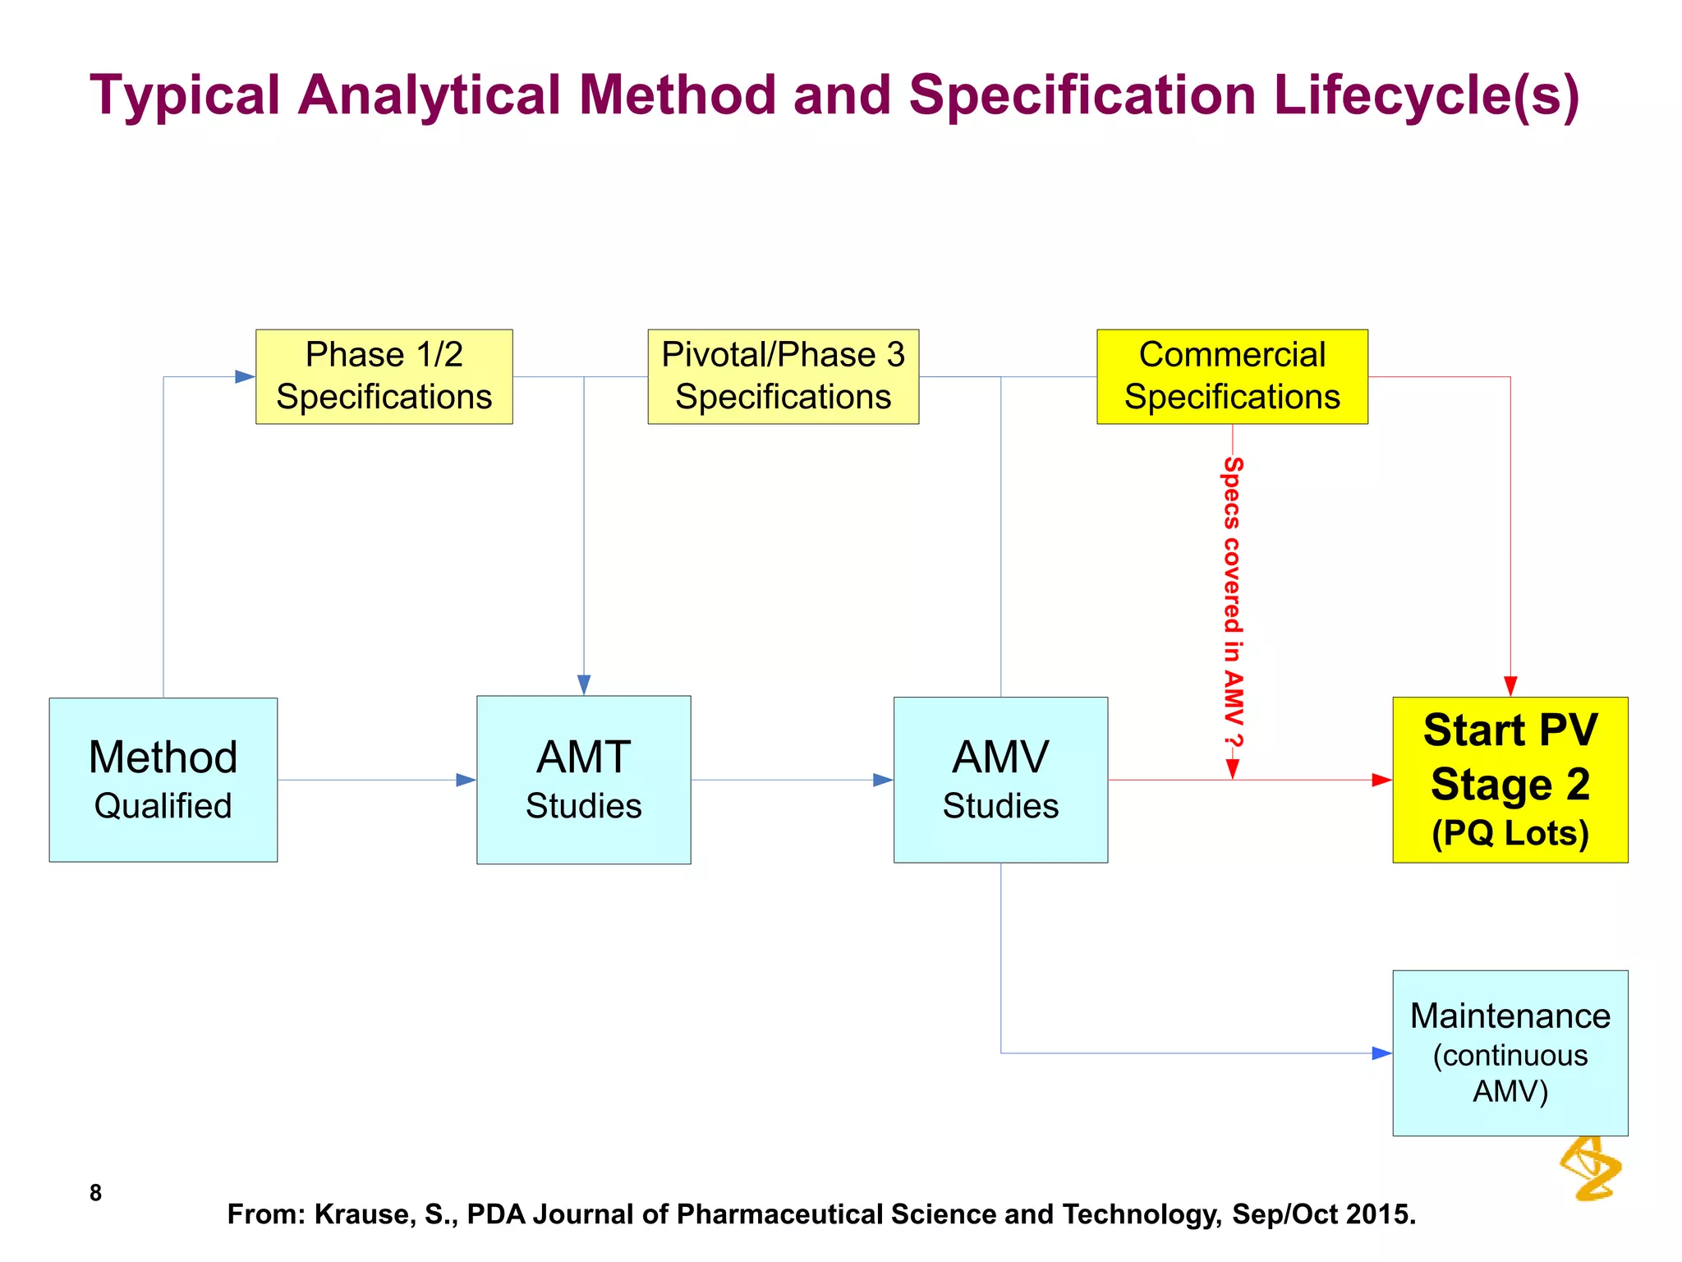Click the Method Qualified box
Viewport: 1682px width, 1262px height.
click(163, 780)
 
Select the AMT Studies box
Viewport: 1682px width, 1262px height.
click(583, 780)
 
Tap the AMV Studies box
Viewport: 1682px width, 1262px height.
click(1000, 780)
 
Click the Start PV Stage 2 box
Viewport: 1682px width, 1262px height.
click(1510, 780)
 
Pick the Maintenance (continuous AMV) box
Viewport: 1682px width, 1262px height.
click(1510, 1052)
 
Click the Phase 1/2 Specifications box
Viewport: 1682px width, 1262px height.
click(384, 376)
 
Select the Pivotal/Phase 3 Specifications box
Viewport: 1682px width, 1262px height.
click(783, 376)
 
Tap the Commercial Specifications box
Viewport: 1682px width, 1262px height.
click(1232, 376)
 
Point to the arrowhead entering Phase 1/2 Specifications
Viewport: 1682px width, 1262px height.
click(245, 376)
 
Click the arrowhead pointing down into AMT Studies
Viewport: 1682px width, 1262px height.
click(584, 684)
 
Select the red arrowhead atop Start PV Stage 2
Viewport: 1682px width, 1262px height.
click(1510, 685)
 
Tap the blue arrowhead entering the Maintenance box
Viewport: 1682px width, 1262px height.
click(1381, 1052)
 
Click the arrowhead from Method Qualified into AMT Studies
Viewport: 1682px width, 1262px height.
click(466, 780)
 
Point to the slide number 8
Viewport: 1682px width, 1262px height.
click(95, 1192)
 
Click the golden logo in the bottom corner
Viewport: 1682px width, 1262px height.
click(1591, 1168)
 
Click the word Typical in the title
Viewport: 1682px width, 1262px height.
click(185, 95)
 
